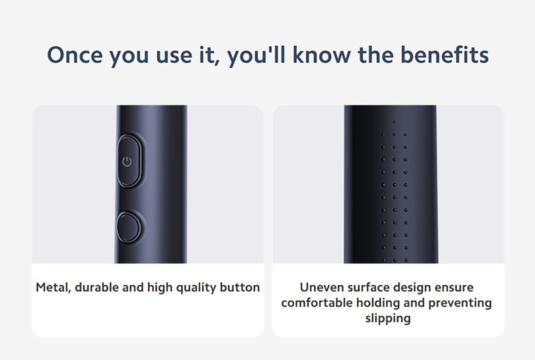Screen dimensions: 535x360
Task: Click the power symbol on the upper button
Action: pyautogui.click(x=127, y=162)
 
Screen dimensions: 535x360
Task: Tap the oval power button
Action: pyautogui.click(x=129, y=161)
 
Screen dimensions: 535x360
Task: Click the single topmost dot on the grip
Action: pyautogui.click(x=394, y=122)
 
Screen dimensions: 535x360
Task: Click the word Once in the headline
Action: pyautogui.click(x=75, y=55)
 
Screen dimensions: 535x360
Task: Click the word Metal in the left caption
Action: pyautogui.click(x=53, y=288)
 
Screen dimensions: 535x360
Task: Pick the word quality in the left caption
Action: pyautogui.click(x=196, y=288)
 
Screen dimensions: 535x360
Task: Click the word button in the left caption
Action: pyautogui.click(x=240, y=287)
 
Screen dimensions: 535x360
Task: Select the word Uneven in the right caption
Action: pyautogui.click(x=322, y=287)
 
